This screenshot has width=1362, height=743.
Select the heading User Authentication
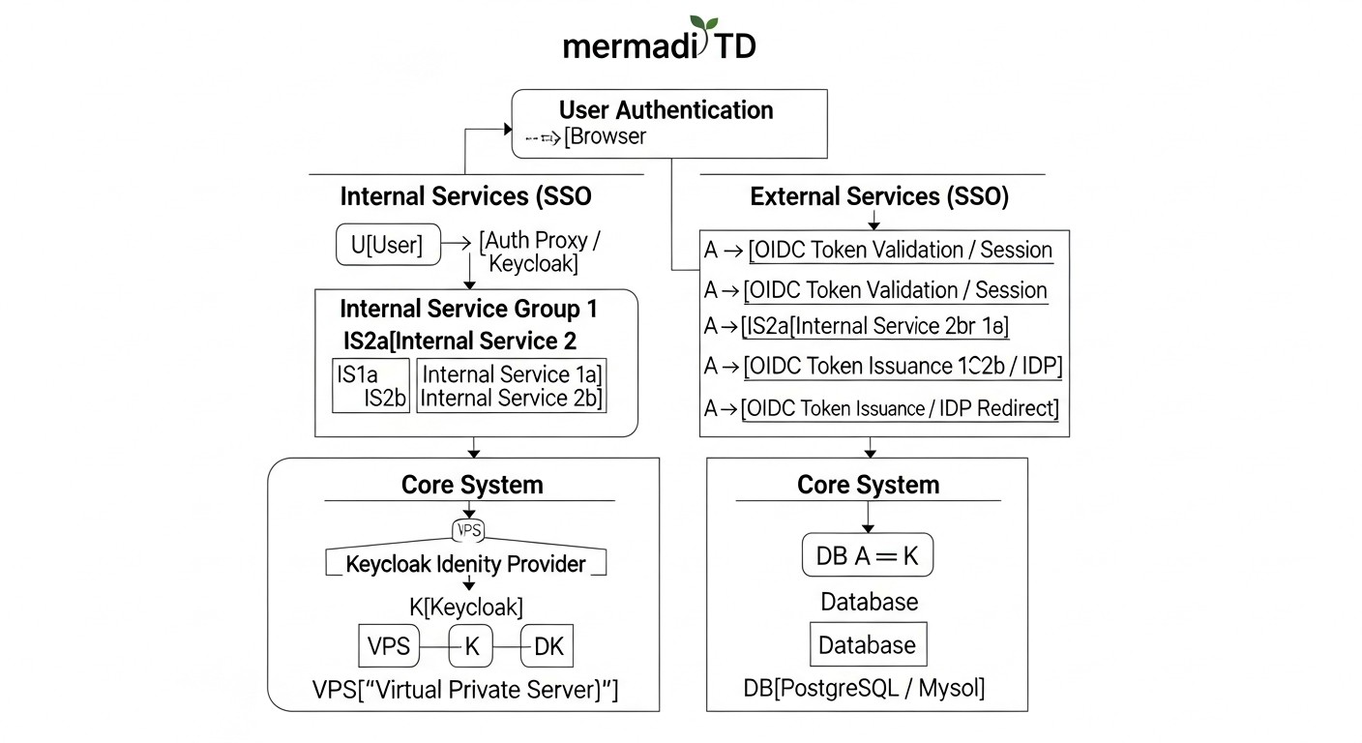coord(666,110)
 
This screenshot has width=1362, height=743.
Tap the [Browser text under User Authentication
coord(606,136)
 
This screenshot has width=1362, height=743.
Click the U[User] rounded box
coord(387,245)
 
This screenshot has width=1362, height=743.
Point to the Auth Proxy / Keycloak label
coord(547,252)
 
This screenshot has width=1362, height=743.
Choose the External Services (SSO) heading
coord(879,196)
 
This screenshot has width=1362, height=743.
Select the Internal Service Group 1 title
coord(468,310)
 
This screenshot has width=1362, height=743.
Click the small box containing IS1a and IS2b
coord(371,386)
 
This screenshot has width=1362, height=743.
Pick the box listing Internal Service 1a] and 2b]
coord(512,386)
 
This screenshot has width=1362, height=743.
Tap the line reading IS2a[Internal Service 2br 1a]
coord(875,327)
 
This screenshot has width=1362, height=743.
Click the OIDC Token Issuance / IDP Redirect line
coord(900,408)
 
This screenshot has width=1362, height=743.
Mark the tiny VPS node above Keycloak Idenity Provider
coord(468,529)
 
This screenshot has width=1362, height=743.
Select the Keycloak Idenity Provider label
coord(465,564)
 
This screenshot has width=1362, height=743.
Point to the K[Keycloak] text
coord(466,607)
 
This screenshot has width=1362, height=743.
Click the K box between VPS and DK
coord(471,645)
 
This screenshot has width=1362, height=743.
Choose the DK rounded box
coord(548,645)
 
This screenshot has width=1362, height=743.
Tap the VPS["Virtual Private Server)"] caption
coord(465,690)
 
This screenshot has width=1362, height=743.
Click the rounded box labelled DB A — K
coord(868,555)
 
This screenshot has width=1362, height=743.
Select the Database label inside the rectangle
coord(867,645)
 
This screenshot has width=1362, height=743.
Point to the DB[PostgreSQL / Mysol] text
coord(864,688)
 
